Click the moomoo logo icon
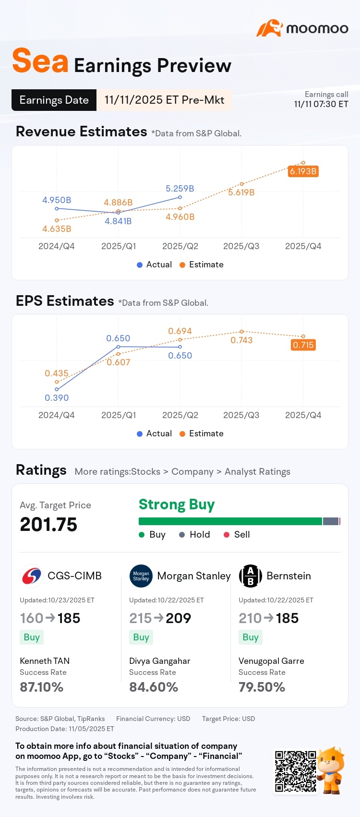(x=270, y=28)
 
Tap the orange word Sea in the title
(x=40, y=60)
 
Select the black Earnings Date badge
(x=54, y=100)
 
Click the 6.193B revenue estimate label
(x=303, y=171)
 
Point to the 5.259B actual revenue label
(x=180, y=189)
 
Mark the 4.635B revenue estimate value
(x=57, y=228)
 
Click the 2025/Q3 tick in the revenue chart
(x=241, y=246)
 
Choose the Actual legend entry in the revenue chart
(x=154, y=264)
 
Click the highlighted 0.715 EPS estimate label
(x=303, y=345)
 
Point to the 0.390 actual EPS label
(x=57, y=397)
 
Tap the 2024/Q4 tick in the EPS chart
(x=57, y=415)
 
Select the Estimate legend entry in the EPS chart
(x=202, y=433)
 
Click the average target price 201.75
(x=48, y=525)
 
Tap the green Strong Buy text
(x=177, y=505)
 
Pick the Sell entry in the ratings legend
(x=237, y=534)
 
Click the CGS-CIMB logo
(x=31, y=576)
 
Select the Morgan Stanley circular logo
(x=141, y=576)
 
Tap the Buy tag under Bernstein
(x=251, y=637)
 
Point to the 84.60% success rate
(x=154, y=687)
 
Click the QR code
(x=296, y=771)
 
